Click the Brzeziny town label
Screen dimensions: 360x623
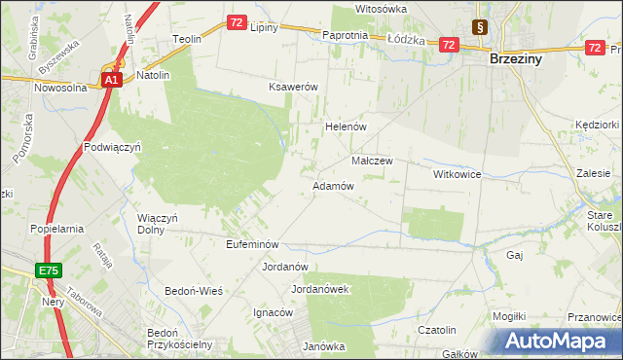click(516, 58)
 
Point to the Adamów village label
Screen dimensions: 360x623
click(331, 185)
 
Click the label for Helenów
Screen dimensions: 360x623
click(344, 126)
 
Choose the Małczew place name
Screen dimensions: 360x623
click(371, 161)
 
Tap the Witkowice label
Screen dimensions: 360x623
click(458, 173)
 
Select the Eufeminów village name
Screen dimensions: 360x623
click(252, 244)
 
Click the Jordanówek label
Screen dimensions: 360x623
click(320, 289)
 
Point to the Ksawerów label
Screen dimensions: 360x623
click(294, 87)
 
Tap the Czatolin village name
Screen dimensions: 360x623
click(437, 330)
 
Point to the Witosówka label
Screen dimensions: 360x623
click(381, 9)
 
